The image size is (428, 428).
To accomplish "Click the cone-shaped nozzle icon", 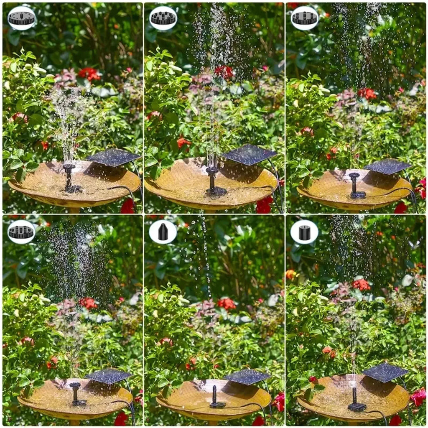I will click(163, 232).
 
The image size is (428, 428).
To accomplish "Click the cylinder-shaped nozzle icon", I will click(304, 232).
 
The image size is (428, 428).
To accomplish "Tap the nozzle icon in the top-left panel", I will click(21, 18).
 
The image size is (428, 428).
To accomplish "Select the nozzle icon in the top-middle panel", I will click(163, 18).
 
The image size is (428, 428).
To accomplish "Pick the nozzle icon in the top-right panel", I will click(304, 18).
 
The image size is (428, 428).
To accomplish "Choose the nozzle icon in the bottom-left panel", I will click(21, 232).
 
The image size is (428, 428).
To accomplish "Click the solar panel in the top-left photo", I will click(113, 157).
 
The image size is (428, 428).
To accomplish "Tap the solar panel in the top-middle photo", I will click(250, 155).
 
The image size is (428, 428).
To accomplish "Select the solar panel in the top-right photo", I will click(388, 166).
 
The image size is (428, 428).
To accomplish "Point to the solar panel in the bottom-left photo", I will click(109, 375).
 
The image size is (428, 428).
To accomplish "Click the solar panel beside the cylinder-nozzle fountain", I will click(385, 372).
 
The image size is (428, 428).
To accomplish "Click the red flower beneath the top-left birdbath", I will click(127, 206).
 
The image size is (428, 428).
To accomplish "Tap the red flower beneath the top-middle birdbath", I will click(264, 205).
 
